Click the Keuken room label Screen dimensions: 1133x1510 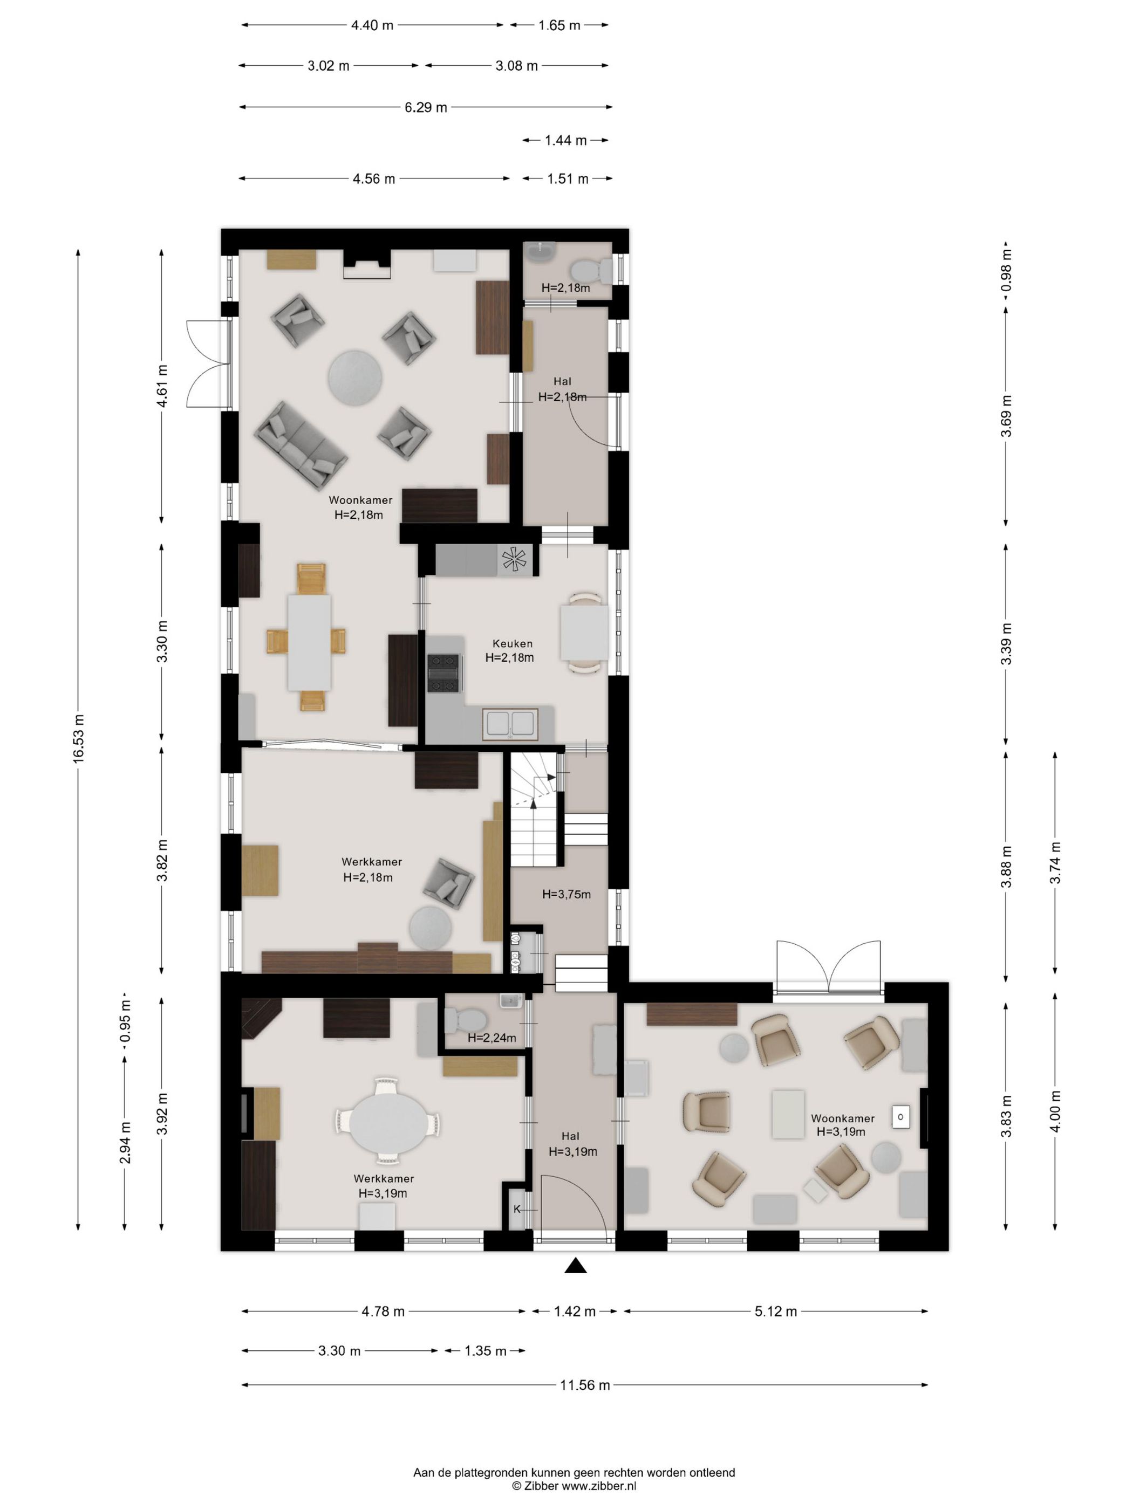point(512,643)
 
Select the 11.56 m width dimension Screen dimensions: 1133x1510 point(585,1385)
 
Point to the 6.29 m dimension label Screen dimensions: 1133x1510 point(426,107)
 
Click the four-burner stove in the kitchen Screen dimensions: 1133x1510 point(444,673)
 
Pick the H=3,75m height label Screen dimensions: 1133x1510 point(566,894)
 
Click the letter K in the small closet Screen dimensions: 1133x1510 point(517,1209)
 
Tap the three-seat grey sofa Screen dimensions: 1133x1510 point(301,444)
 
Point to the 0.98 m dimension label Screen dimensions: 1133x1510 point(1006,270)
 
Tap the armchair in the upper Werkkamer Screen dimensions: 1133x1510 point(448,883)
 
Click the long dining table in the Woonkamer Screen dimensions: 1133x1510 point(309,642)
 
